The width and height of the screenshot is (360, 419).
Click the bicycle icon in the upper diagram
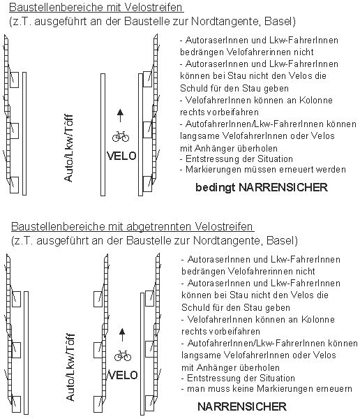point(119,135)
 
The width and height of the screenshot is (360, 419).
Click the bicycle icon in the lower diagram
point(123,355)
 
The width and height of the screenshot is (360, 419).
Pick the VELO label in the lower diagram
point(123,376)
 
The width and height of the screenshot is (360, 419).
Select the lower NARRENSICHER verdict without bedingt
point(242,406)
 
